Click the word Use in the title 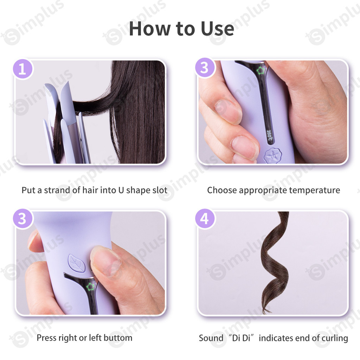coord(217,29)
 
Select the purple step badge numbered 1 coord(22,69)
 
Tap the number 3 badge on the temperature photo coord(205,68)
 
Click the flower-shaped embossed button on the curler coord(272,156)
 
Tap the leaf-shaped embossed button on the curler coord(77,263)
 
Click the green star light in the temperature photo coord(260,70)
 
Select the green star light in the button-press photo coord(90,287)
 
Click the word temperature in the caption coord(314,190)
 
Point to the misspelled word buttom coord(118,338)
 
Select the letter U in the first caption coord(121,190)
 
